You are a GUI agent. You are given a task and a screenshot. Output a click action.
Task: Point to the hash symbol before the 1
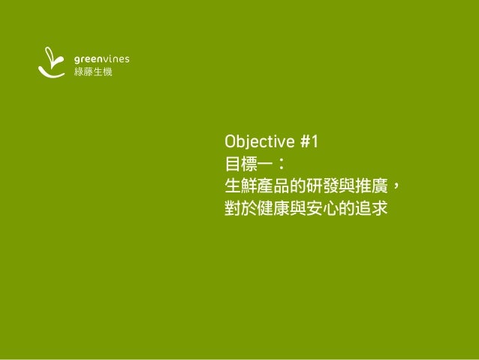(x=306, y=141)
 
